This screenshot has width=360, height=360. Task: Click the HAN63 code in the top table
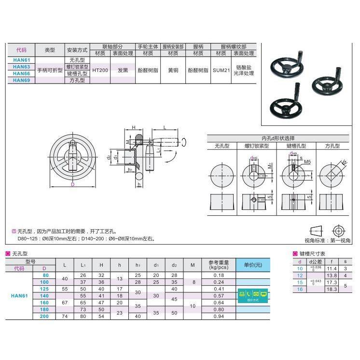(x=22, y=67)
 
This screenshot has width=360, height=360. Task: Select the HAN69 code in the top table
(x=22, y=80)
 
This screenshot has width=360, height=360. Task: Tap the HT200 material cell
(x=100, y=70)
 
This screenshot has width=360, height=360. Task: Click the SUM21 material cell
(x=221, y=70)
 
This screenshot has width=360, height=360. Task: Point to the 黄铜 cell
(x=173, y=70)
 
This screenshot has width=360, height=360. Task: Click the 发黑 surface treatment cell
(x=123, y=70)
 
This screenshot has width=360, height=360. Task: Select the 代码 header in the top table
(x=22, y=50)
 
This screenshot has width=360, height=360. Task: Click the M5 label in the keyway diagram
(x=307, y=162)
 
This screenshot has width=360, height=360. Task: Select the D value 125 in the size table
(x=44, y=289)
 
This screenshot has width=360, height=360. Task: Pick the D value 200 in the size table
(x=44, y=317)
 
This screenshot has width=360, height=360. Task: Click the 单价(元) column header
(x=253, y=265)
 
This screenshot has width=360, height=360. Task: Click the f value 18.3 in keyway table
(x=332, y=289)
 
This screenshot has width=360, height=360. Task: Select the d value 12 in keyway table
(x=300, y=275)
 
